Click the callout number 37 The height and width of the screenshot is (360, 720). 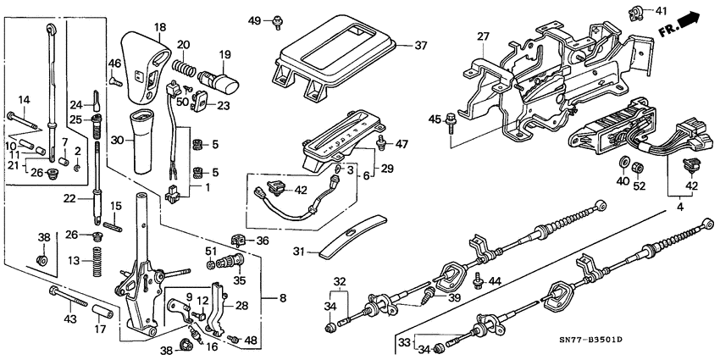[419, 46]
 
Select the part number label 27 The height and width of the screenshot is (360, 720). [483, 36]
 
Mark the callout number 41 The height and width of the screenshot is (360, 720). [662, 11]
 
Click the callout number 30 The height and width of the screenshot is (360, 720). [117, 140]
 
